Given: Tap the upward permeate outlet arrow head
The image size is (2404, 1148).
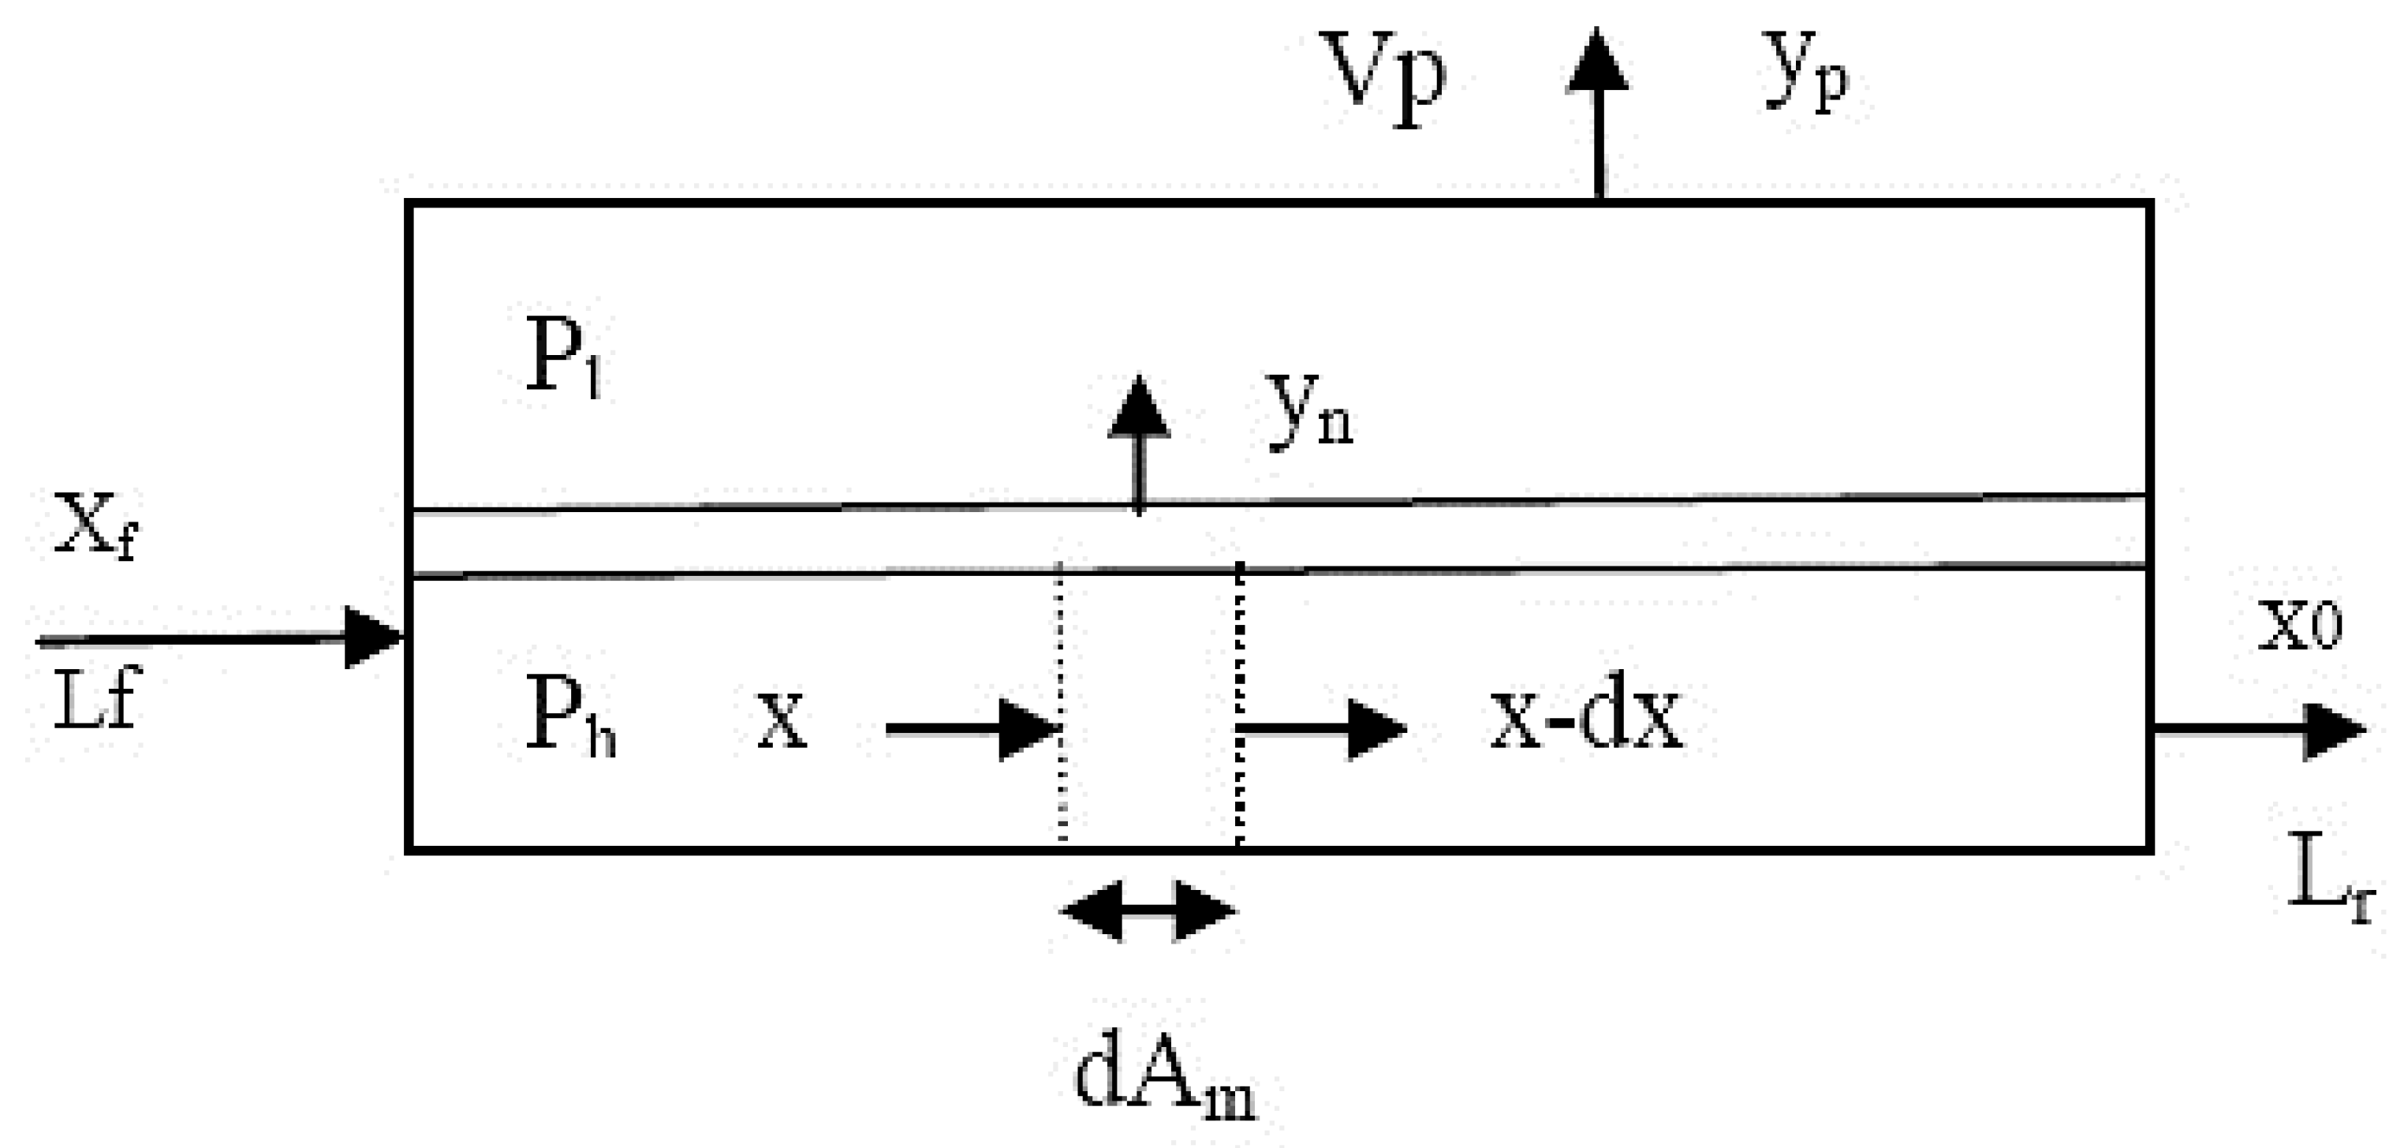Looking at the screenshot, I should tap(1598, 60).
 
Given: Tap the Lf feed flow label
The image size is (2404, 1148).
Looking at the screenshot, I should tap(95, 699).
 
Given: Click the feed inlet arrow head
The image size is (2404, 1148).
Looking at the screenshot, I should tap(373, 638).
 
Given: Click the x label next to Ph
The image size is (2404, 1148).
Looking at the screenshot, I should tap(780, 721).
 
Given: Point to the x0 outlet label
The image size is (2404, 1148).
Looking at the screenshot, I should tap(2298, 626).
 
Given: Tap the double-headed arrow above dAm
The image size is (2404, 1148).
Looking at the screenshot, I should tap(1150, 910).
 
